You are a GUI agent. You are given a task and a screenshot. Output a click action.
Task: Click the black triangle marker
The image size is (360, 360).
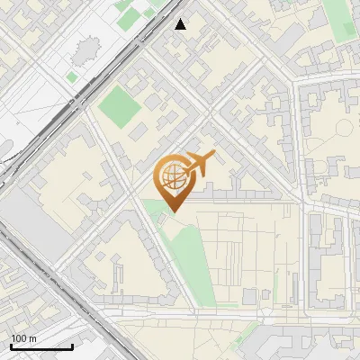point(181,24)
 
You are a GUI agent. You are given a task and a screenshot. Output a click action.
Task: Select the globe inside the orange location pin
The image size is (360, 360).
point(173,177)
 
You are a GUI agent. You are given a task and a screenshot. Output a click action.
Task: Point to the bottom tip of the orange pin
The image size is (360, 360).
point(173,212)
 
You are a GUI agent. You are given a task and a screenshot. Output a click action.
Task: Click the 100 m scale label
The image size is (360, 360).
point(23,338)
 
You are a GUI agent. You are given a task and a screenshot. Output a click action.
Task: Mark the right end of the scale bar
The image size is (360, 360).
point(72,346)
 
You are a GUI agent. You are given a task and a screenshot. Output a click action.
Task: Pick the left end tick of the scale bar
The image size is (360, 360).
point(10,346)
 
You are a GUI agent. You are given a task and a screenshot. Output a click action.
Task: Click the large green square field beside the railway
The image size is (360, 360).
point(120,106)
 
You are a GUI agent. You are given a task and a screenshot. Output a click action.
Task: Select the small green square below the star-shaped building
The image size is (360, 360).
point(72,77)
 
